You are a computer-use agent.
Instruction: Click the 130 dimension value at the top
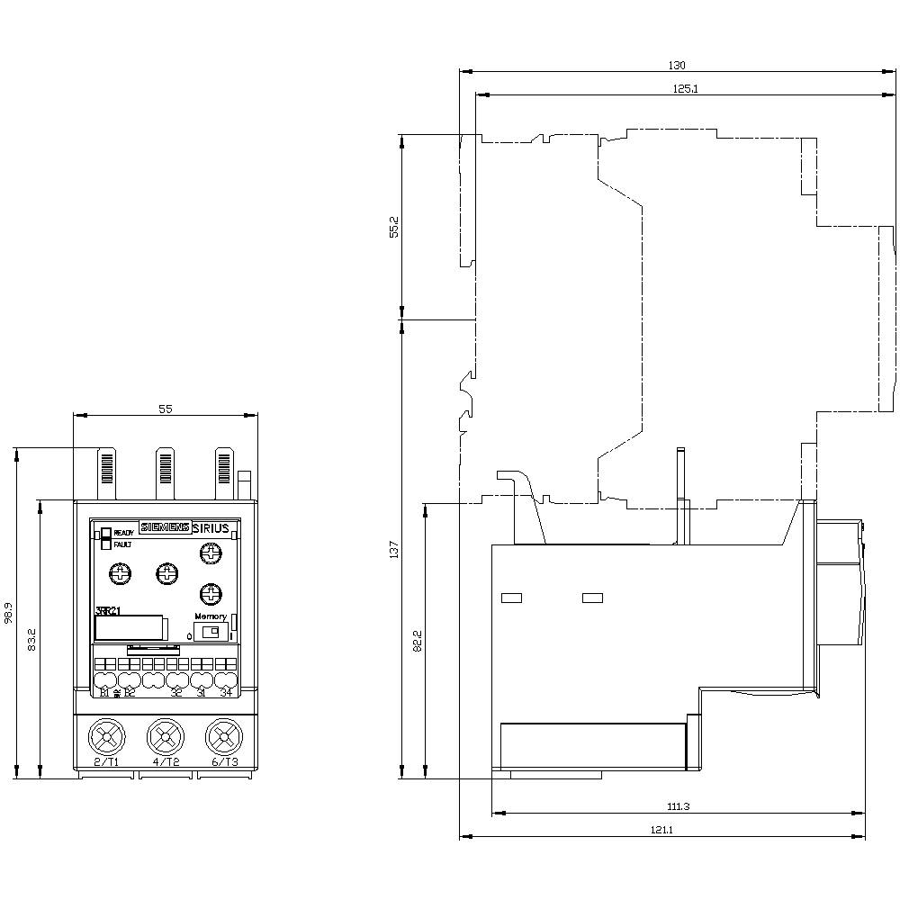[x=678, y=65]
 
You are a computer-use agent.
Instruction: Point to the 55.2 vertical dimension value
[x=394, y=227]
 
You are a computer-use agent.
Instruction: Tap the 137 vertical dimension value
[x=394, y=549]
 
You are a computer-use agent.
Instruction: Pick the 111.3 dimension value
[x=679, y=806]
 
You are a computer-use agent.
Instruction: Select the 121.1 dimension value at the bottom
[x=662, y=830]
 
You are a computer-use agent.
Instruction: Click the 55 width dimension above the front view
[x=165, y=409]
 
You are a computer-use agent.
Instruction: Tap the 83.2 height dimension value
[x=32, y=640]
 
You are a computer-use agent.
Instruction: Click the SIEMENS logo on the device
[x=164, y=528]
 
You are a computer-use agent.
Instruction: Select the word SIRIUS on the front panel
[x=211, y=528]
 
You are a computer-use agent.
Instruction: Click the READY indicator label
[x=123, y=533]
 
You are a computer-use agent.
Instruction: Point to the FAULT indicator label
[x=122, y=544]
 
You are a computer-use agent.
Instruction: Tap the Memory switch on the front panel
[x=210, y=633]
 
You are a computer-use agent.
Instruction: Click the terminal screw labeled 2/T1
[x=106, y=738]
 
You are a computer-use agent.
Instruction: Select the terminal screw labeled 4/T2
[x=165, y=738]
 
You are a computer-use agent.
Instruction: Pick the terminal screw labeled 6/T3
[x=223, y=738]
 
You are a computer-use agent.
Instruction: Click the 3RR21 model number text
[x=107, y=611]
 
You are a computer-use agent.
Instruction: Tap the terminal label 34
[x=226, y=692]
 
